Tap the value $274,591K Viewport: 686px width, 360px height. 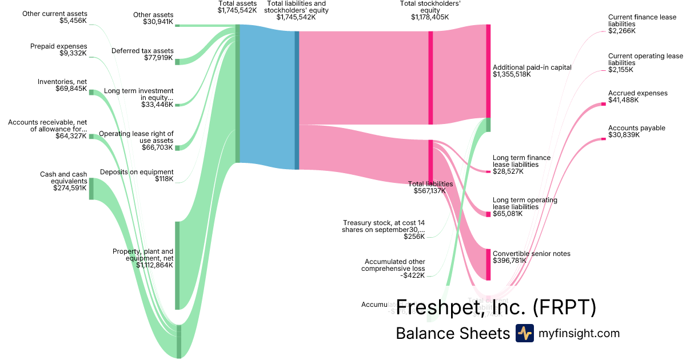click(x=70, y=187)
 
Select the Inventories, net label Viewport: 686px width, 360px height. click(x=62, y=82)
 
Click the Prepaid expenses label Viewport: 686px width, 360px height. click(x=59, y=46)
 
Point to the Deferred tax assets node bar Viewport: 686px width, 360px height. click(x=177, y=62)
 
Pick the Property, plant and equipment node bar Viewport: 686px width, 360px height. click(x=177, y=265)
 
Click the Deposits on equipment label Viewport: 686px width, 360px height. click(x=137, y=172)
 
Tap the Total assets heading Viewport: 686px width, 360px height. click(x=237, y=3)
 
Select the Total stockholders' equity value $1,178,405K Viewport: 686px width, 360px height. click(x=430, y=17)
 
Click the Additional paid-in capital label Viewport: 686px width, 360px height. click(x=532, y=67)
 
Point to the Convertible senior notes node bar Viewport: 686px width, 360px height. click(x=488, y=264)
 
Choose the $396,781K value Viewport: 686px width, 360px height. click(x=509, y=261)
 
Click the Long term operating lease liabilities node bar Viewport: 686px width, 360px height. click(x=488, y=214)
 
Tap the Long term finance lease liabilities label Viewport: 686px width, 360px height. click(x=521, y=161)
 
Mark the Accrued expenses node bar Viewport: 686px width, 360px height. click(x=603, y=104)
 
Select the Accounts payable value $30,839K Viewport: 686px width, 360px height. click(x=624, y=135)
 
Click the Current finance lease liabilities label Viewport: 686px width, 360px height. click(x=642, y=21)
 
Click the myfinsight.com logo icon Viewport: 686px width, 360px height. click(x=524, y=333)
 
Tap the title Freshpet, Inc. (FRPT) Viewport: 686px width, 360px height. click(x=496, y=307)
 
